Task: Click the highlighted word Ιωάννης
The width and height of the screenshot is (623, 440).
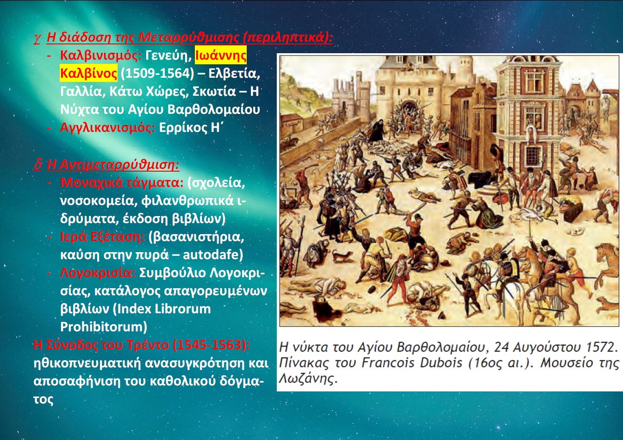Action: tap(221, 56)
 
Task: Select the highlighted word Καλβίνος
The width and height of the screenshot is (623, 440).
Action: tap(89, 74)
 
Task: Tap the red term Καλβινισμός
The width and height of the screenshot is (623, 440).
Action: tap(101, 56)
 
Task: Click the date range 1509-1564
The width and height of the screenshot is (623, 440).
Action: tap(157, 74)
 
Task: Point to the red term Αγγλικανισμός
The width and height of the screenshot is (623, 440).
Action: tap(108, 128)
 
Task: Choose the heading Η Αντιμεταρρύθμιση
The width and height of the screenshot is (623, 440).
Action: tap(113, 164)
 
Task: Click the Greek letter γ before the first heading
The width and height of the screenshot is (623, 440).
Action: tap(37, 38)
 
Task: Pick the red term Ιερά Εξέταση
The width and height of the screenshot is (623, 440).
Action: tap(102, 237)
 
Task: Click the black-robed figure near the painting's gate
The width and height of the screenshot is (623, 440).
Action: tap(376, 130)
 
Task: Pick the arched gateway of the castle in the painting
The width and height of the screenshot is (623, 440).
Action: tap(409, 108)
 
